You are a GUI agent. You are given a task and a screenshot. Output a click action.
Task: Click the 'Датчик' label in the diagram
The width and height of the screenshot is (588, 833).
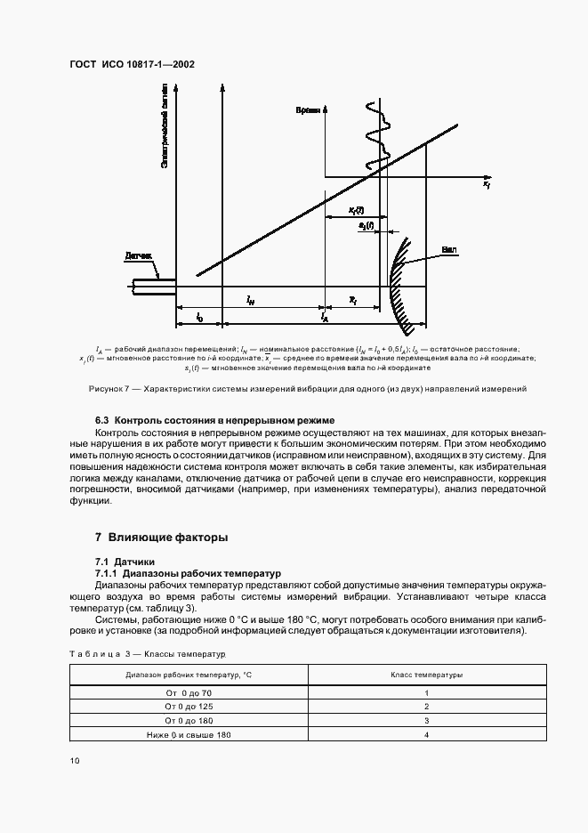[138, 255]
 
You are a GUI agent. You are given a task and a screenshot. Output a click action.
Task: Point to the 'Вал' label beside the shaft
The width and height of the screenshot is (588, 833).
[449, 249]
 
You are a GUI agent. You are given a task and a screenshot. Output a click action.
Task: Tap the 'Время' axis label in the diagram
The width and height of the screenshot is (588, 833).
[309, 109]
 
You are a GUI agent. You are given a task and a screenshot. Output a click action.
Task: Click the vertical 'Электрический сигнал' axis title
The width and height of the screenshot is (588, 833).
[165, 134]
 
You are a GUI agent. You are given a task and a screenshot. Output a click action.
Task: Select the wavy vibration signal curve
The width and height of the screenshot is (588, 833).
[374, 133]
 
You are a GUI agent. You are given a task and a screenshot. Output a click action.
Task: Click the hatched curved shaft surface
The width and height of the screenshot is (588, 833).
[398, 280]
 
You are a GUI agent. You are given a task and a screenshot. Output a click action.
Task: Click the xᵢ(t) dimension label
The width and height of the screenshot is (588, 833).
[355, 211]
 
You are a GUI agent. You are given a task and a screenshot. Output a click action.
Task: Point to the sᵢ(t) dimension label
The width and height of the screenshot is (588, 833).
[366, 227]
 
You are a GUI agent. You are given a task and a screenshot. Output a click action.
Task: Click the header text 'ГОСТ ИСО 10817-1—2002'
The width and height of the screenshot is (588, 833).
[131, 65]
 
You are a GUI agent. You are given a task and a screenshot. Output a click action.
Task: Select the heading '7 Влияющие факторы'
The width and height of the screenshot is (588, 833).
[161, 538]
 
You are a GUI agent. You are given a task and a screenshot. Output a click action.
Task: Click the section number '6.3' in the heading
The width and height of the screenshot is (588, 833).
[102, 419]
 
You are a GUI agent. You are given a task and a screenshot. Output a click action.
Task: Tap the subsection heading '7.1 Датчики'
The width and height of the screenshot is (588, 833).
[125, 562]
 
